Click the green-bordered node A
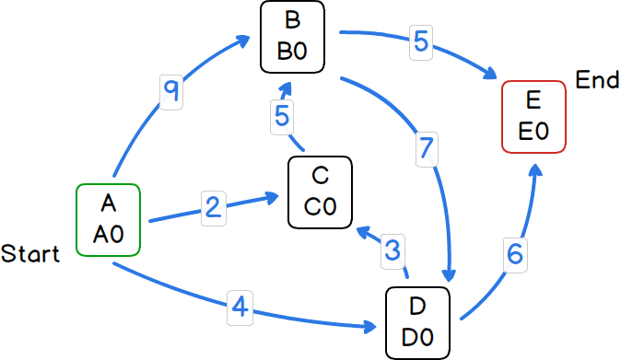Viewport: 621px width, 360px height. coord(108,220)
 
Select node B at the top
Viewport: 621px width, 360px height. coord(292,36)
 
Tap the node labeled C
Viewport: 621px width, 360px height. coord(320,192)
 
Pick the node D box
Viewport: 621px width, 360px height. coord(416,322)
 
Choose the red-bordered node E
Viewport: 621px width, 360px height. coord(533,116)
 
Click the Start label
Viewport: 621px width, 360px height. coord(30,254)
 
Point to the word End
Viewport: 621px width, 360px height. coord(597,80)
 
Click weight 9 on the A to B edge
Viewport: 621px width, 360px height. coord(171,91)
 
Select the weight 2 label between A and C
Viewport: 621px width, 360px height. coord(214,207)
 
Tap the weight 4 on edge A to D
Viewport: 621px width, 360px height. coord(240,308)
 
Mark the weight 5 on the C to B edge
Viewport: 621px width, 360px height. coord(283,117)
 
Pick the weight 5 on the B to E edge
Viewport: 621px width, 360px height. coord(421,41)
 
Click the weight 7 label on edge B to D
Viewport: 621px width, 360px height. coord(425,148)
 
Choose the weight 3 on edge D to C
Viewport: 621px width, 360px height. coord(393,249)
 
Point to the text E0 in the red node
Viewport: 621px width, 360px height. coord(533,131)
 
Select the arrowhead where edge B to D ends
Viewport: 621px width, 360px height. coord(451,276)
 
